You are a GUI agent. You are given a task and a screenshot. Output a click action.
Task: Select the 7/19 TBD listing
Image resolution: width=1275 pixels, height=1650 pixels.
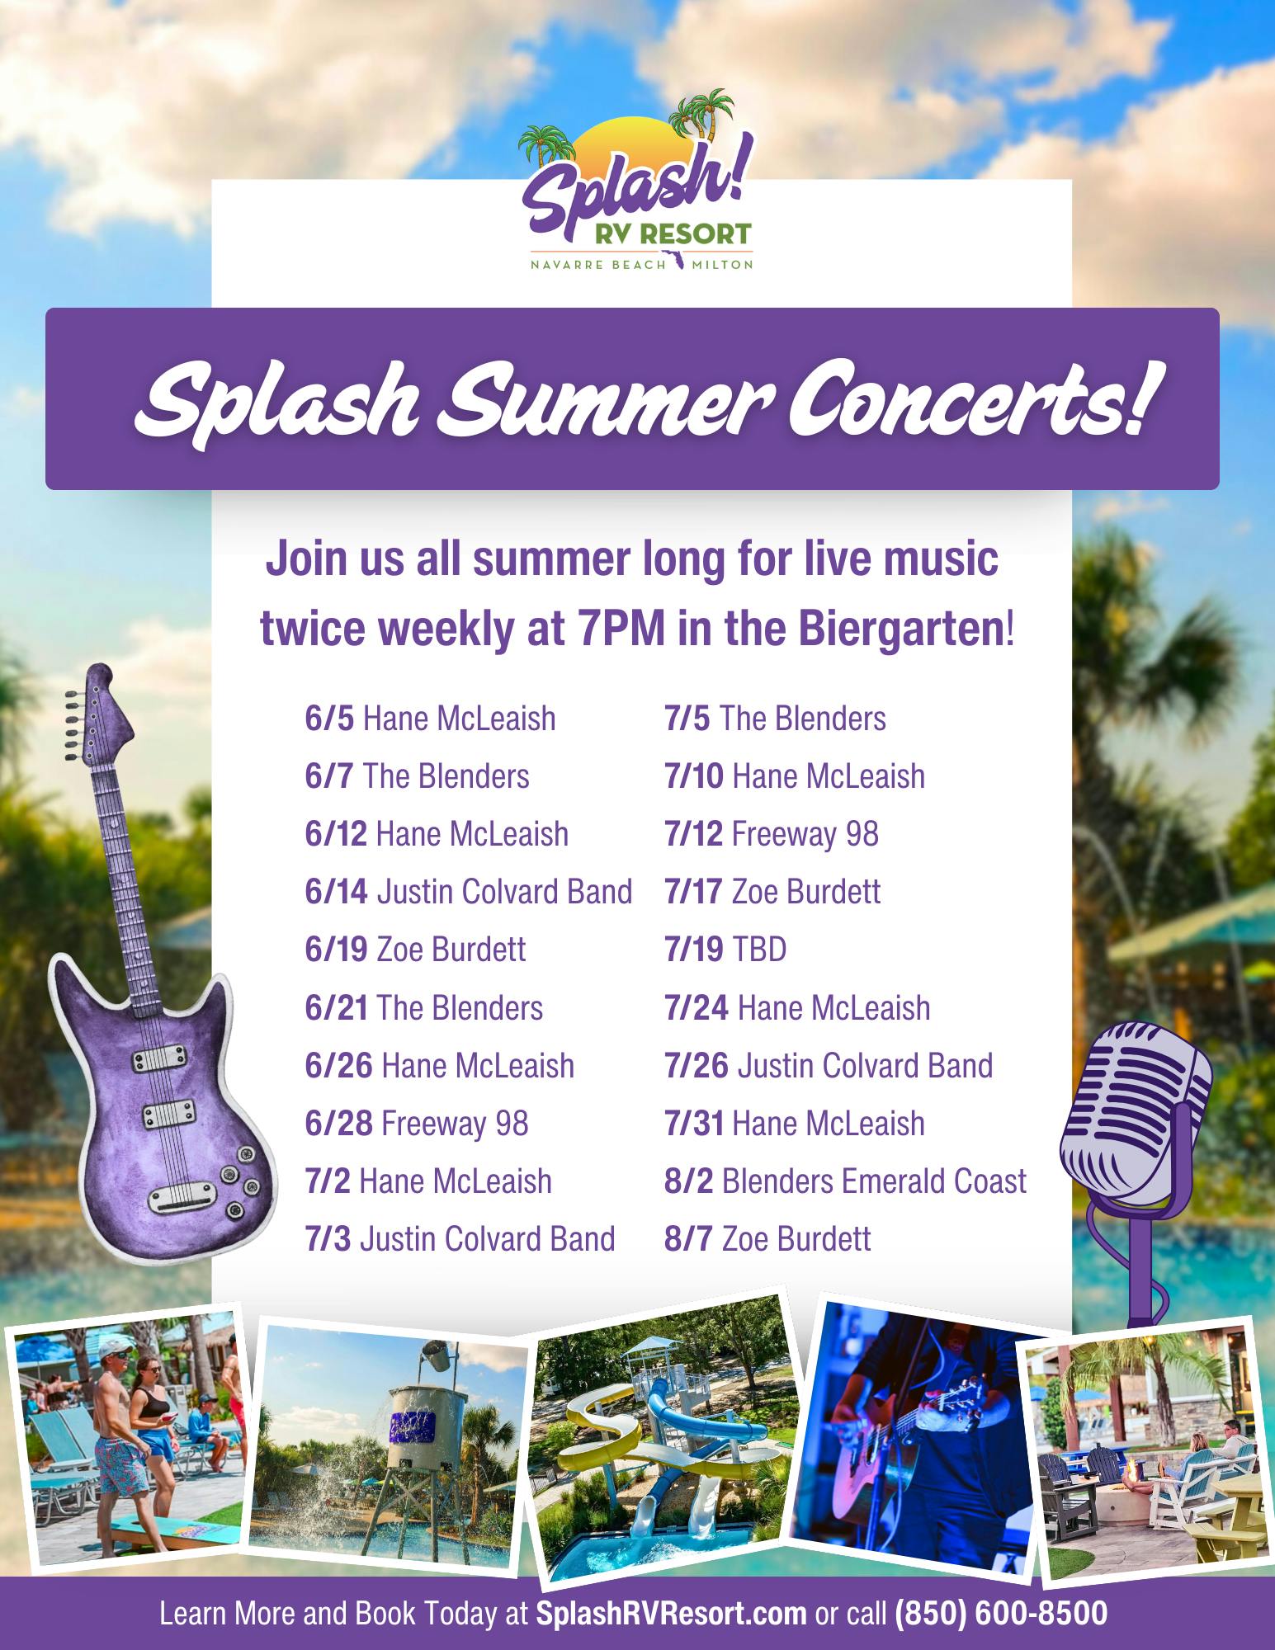(x=725, y=950)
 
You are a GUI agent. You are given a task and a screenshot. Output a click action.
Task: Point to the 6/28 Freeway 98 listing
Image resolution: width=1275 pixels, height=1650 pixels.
(x=417, y=1123)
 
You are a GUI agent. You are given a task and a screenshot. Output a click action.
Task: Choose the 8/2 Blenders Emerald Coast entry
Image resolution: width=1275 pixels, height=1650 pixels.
(x=846, y=1181)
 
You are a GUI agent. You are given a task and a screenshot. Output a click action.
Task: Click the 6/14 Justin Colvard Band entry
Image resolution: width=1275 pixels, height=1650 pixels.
(x=469, y=892)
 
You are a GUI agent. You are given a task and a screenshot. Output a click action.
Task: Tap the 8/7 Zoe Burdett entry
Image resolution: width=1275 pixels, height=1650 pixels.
(x=767, y=1238)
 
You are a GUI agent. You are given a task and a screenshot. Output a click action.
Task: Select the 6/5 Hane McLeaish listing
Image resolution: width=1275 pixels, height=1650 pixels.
(x=430, y=719)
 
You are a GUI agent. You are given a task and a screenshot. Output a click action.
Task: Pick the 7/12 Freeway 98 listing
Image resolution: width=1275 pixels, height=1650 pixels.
(x=772, y=834)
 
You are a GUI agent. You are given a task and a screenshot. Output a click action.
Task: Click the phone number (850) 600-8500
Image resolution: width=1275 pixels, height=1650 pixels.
(x=1001, y=1612)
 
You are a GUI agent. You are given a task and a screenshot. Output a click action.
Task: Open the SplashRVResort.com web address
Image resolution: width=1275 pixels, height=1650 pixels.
(x=671, y=1612)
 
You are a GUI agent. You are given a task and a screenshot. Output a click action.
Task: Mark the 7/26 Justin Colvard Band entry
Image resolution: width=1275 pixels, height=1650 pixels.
(x=829, y=1065)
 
